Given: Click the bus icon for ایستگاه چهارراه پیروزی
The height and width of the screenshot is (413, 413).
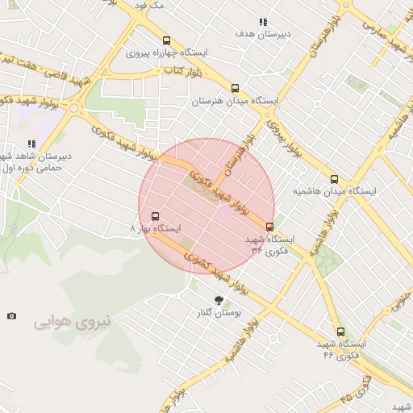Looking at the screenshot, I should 166,40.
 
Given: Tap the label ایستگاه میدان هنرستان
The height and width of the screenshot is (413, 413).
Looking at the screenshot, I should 235,102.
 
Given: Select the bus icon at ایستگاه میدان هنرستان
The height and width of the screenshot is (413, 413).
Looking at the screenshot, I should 235,88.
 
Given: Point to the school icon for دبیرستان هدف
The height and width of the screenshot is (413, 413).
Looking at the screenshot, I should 262,22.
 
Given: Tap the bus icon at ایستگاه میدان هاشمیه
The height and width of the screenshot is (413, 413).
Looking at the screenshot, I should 334,179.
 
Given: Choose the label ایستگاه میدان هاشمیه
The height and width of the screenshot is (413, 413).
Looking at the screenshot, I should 334,192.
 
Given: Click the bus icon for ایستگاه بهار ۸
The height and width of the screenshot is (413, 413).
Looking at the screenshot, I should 154,215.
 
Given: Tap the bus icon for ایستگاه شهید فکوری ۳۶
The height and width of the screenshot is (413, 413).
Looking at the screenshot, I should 269,227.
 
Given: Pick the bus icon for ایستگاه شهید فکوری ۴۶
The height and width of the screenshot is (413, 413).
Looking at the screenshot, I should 340,331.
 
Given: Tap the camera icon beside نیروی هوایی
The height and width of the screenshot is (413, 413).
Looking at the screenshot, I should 11,315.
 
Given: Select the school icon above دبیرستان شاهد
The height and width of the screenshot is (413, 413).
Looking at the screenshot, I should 32,144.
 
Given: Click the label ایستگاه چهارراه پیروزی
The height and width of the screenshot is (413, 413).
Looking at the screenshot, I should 168,52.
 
